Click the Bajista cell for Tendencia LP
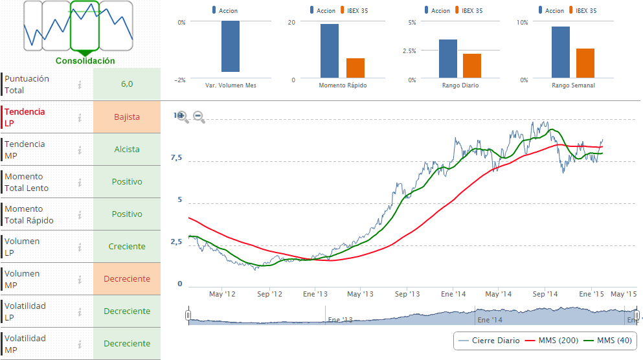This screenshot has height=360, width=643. click(127, 117)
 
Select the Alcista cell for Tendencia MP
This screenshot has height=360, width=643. click(127, 150)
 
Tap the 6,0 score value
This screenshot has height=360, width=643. click(127, 84)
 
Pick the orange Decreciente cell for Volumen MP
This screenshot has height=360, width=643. click(127, 279)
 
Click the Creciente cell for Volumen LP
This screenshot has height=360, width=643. click(127, 247)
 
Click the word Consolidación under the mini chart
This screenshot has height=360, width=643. click(85, 61)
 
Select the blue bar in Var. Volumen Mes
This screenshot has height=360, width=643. click(231, 47)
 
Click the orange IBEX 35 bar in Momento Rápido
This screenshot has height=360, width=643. click(355, 69)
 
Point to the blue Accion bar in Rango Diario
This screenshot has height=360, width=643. click(448, 59)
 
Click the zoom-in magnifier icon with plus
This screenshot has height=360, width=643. click(183, 117)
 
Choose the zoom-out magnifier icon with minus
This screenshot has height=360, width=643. click(199, 117)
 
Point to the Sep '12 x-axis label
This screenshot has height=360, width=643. click(270, 294)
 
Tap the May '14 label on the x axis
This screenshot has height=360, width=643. click(499, 294)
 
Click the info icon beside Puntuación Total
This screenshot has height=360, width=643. click(80, 85)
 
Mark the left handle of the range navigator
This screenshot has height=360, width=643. click(188, 315)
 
